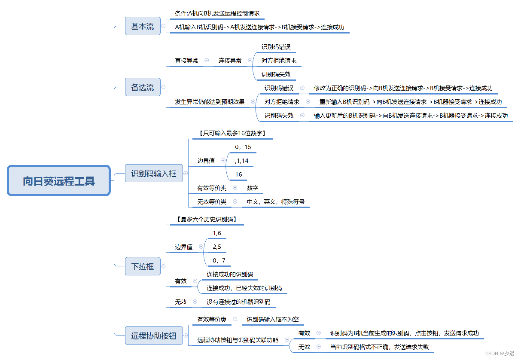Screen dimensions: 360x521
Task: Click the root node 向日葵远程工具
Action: tap(59, 180)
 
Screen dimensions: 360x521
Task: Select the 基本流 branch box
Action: tap(143, 26)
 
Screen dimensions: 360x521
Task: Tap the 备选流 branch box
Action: tap(143, 87)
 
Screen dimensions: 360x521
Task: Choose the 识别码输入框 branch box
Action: tap(154, 174)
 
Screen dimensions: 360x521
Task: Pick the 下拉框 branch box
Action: tap(143, 266)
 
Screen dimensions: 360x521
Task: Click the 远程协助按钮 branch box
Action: tap(154, 336)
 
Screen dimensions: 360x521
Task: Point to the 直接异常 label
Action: tap(186, 61)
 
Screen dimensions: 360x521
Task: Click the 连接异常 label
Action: tap(230, 61)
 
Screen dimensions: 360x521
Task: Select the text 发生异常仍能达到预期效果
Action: tap(210, 102)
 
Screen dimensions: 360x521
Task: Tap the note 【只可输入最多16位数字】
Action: tap(232, 133)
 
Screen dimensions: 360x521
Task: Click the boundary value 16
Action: tap(238, 174)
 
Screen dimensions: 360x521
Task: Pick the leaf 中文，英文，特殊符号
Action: tap(275, 201)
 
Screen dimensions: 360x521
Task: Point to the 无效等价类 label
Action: tap(212, 201)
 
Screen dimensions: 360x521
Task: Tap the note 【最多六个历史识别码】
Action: tap(207, 219)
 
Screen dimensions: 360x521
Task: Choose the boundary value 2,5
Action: tap(217, 247)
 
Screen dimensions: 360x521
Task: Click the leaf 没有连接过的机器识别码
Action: tap(238, 302)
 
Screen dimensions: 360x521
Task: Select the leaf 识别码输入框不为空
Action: tap(273, 319)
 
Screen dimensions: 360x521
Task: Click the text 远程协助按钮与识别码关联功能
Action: tap(238, 340)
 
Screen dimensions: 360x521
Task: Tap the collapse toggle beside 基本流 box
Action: tap(163, 26)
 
